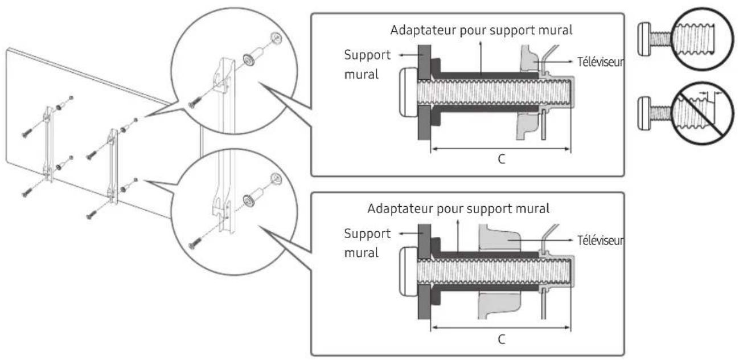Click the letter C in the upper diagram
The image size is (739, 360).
[x=500, y=160]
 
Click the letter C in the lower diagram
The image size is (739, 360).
[x=500, y=338]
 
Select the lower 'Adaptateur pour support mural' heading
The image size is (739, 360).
[x=459, y=208]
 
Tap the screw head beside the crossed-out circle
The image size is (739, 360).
[x=644, y=107]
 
